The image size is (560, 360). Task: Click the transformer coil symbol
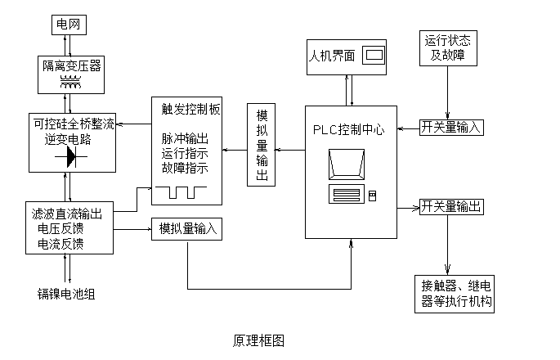click(73, 81)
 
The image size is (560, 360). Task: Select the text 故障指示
click(185, 169)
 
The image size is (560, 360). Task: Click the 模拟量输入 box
click(186, 230)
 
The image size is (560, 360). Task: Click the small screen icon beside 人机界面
click(374, 56)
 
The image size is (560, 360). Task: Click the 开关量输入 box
click(451, 128)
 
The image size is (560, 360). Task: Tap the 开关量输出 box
click(450, 206)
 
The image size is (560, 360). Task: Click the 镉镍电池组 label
click(66, 294)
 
